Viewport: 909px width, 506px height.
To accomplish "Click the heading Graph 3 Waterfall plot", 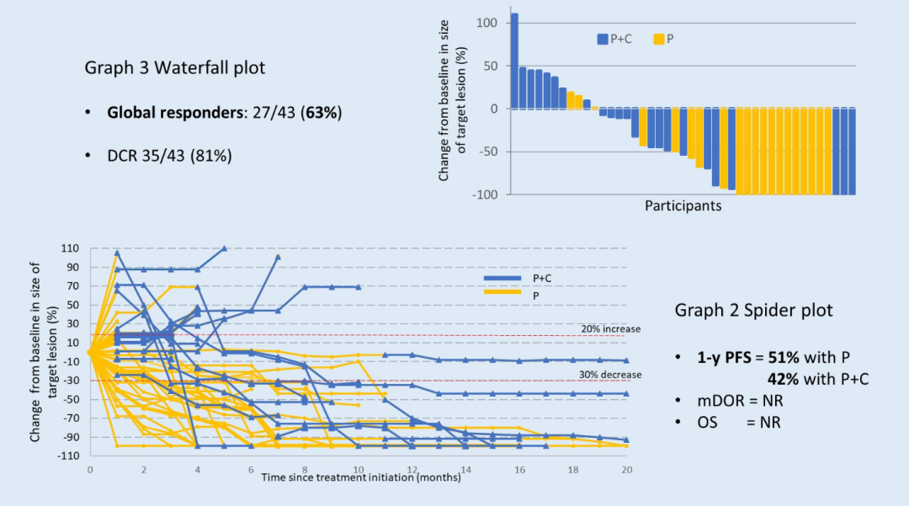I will tap(174, 67).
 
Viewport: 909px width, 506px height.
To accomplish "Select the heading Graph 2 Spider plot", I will tap(753, 310).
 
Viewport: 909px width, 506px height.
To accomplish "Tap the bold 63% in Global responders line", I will tap(324, 112).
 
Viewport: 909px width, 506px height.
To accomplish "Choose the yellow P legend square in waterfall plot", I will tap(658, 39).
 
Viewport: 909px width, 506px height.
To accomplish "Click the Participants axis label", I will tap(683, 205).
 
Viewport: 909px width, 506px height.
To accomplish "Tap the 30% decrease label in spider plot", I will tap(610, 375).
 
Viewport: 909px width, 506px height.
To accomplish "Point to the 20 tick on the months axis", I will tap(625, 470).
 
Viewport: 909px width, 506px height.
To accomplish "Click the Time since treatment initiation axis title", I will tap(360, 477).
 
